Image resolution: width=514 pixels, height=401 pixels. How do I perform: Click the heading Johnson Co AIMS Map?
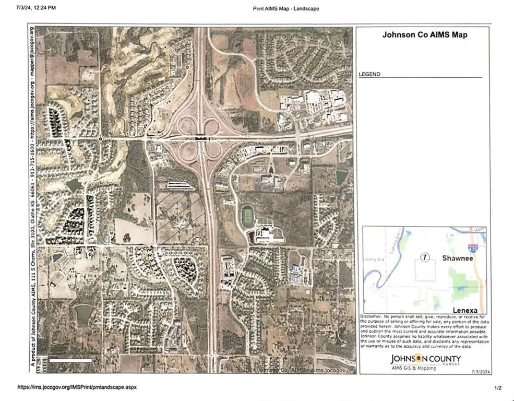(425, 36)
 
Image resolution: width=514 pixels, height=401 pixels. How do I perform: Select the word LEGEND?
(369, 75)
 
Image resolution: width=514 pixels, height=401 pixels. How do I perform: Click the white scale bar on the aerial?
(71, 360)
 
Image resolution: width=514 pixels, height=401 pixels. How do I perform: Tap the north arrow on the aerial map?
(346, 37)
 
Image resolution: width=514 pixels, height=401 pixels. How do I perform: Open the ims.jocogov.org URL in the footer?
(77, 387)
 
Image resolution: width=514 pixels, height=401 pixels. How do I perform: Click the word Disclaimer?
(371, 317)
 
